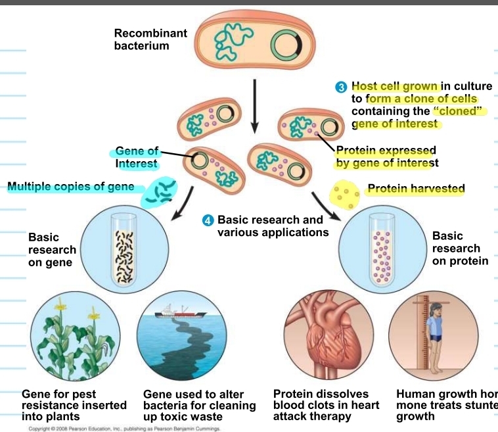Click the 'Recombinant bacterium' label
(x=150, y=39)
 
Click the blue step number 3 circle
(x=341, y=87)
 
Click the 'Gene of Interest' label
(x=137, y=157)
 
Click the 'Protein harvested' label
(x=416, y=189)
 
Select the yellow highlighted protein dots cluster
(x=345, y=193)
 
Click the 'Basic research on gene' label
(x=52, y=250)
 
